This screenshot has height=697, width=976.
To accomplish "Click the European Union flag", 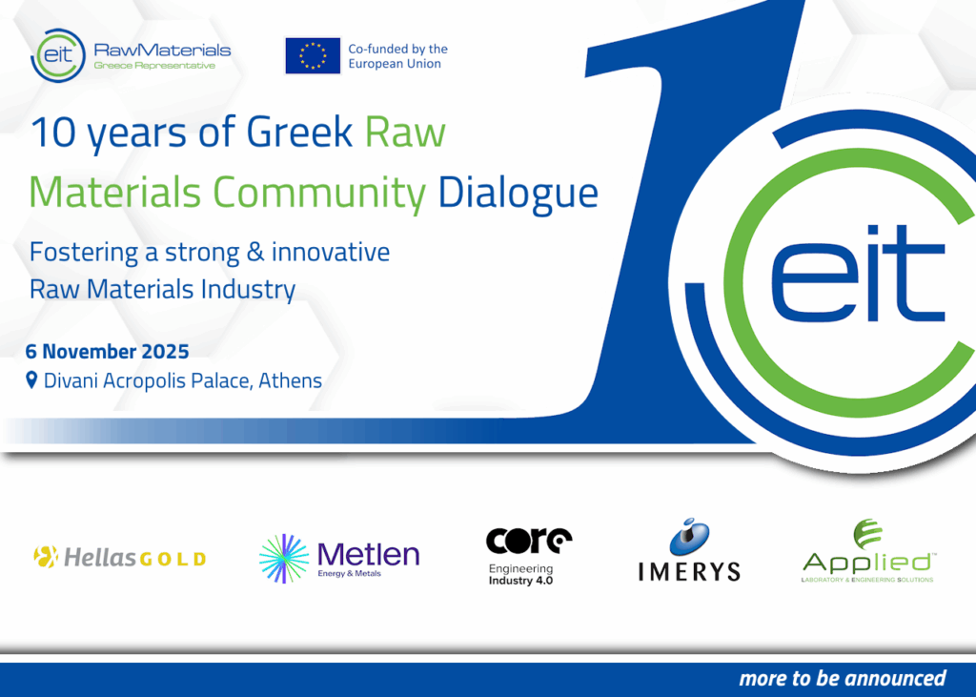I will tap(313, 55).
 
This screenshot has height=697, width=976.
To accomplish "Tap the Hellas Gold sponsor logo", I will tap(119, 557).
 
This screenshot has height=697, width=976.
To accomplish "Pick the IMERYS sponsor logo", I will tap(688, 550).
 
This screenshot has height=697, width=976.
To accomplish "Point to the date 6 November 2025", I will tap(107, 351).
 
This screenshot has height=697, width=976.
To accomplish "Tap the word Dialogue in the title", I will tap(518, 194).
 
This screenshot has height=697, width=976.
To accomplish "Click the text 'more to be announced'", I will tap(842, 678).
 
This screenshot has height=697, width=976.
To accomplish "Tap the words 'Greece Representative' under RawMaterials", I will tap(154, 66).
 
